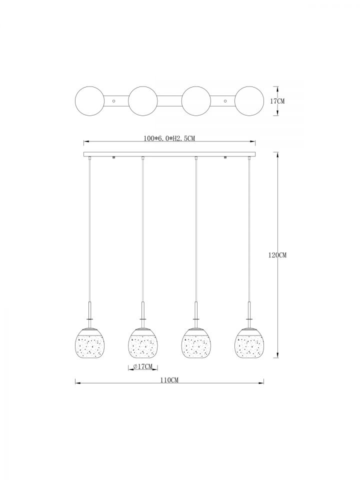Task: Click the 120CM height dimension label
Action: (x=277, y=254)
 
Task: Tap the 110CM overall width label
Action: (x=169, y=380)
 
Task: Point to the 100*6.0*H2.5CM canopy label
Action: (x=169, y=138)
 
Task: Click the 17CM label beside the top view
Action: (x=277, y=101)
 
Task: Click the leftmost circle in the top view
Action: (x=89, y=101)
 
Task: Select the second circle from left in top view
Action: (x=143, y=101)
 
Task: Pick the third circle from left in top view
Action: (x=196, y=101)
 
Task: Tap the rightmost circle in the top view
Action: (x=249, y=101)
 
